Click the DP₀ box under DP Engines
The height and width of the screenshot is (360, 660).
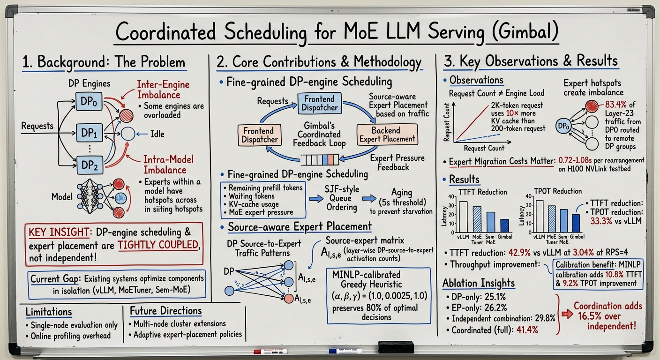click(x=89, y=101)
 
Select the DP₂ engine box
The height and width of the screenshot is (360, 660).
click(x=90, y=165)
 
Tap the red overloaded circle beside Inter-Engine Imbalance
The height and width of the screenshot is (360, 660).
click(x=127, y=116)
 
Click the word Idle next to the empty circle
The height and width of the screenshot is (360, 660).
click(x=157, y=134)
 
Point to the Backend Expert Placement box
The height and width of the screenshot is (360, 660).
click(x=387, y=135)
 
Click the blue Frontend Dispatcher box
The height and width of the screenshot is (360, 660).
click(x=320, y=103)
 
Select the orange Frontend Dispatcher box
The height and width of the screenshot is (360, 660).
click(x=260, y=135)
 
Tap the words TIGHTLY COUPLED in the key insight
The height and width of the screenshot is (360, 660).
click(x=158, y=245)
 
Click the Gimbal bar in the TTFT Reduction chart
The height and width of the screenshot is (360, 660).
click(x=504, y=225)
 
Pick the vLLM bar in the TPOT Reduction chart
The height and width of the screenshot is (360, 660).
click(x=540, y=216)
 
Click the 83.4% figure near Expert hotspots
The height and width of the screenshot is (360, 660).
click(x=616, y=105)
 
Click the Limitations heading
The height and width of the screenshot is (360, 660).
click(x=49, y=312)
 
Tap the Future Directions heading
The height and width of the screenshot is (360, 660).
click(x=165, y=311)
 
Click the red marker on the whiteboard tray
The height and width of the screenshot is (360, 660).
click(x=270, y=352)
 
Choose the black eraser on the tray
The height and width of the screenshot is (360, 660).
click(x=396, y=347)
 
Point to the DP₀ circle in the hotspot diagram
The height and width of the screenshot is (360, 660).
click(x=563, y=126)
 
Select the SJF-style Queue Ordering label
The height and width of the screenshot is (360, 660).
click(x=342, y=198)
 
